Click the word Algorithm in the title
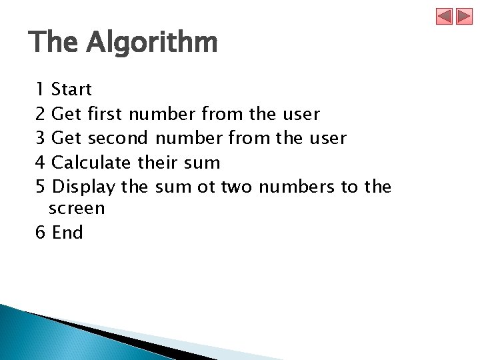point(152,43)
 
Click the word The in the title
point(54,43)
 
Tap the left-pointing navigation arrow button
point(445,17)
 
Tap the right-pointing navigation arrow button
point(464,17)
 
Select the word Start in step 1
point(71,89)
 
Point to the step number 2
point(40,114)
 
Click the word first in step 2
point(105,114)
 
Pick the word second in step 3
point(119,139)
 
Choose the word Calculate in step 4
point(91,163)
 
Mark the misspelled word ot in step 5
point(207,187)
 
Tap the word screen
point(77,209)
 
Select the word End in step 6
point(67,233)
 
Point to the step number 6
point(40,233)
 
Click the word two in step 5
point(237,187)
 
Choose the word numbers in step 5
point(297,187)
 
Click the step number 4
point(40,163)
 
